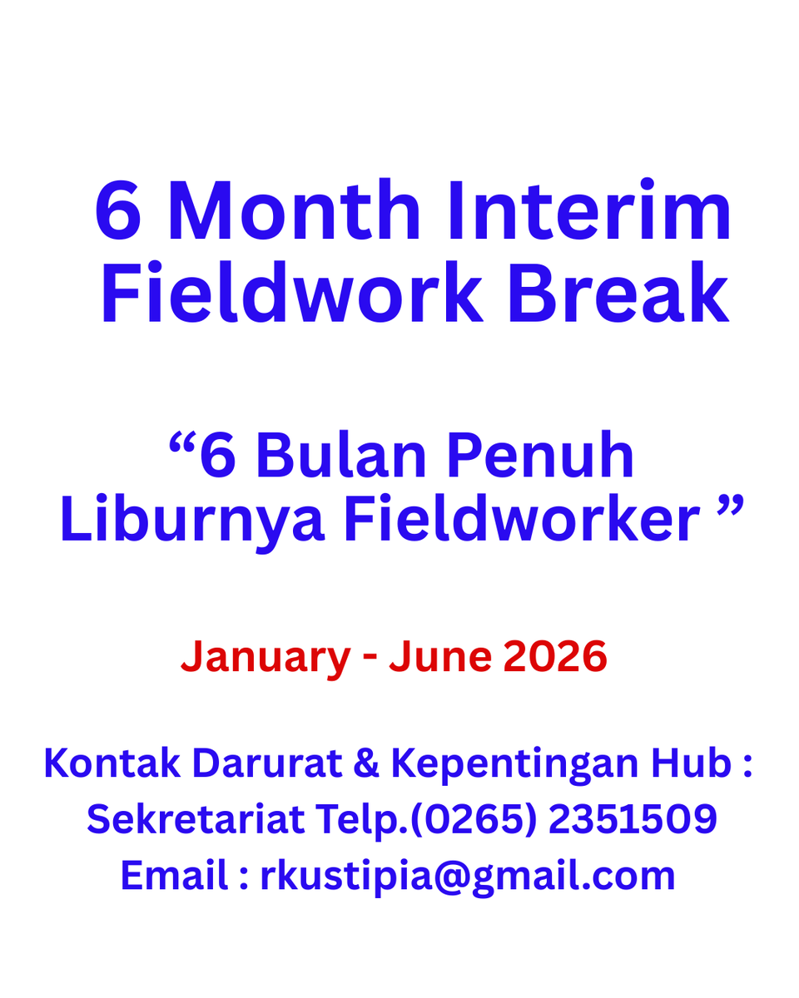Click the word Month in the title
pyautogui.click(x=294, y=212)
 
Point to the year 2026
pyautogui.click(x=555, y=657)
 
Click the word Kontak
pyautogui.click(x=112, y=763)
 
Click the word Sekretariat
pyautogui.click(x=196, y=819)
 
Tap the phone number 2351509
pyautogui.click(x=633, y=819)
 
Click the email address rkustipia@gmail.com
pyautogui.click(x=468, y=877)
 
